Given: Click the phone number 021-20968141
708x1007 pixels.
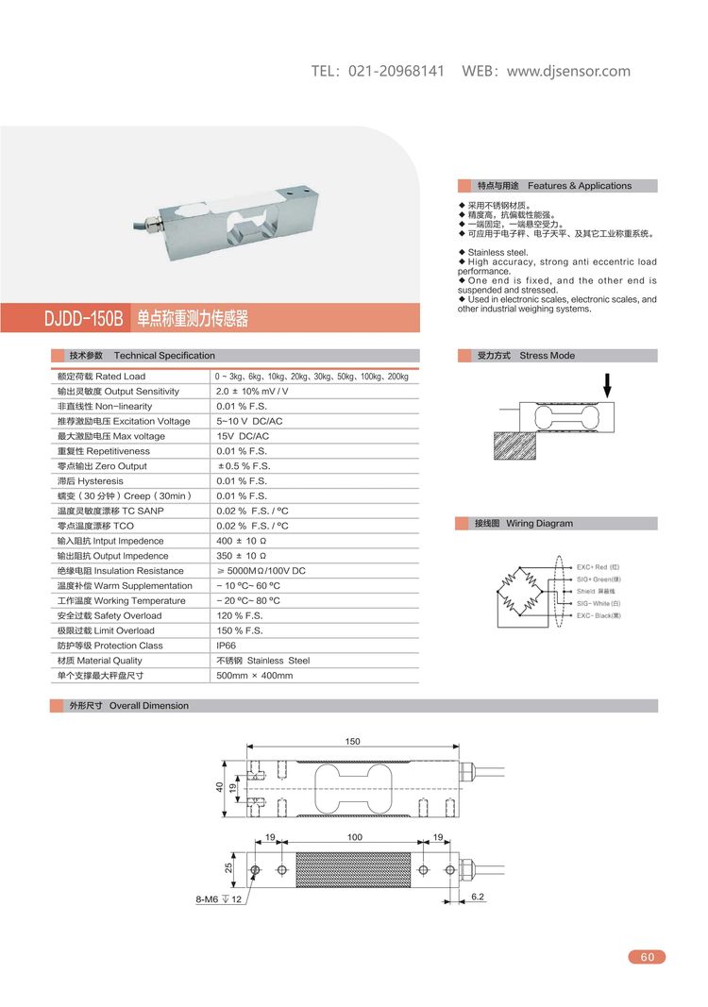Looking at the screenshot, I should pyautogui.click(x=396, y=72).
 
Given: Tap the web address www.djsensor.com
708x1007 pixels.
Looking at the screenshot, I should pyautogui.click(x=568, y=72).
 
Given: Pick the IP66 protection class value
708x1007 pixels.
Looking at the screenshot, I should pyautogui.click(x=228, y=646).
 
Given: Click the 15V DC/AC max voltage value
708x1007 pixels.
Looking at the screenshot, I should pyautogui.click(x=243, y=436).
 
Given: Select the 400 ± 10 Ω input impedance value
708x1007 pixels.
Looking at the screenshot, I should pyautogui.click(x=243, y=541).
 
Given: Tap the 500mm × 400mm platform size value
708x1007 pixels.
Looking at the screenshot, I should pyautogui.click(x=255, y=676).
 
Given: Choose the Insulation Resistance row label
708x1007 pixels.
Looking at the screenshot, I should pyautogui.click(x=110, y=571).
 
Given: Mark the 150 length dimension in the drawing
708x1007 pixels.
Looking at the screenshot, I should pyautogui.click(x=352, y=742).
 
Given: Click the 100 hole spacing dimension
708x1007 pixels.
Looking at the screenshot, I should pyautogui.click(x=354, y=837).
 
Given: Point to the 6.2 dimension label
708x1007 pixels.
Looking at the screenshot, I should pyautogui.click(x=477, y=897).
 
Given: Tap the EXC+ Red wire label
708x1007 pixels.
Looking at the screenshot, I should pyautogui.click(x=598, y=567).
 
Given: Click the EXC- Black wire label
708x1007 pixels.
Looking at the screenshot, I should pyautogui.click(x=598, y=615).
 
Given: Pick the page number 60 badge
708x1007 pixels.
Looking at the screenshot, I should pyautogui.click(x=647, y=957).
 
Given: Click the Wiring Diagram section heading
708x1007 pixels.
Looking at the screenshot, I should pyautogui.click(x=539, y=523).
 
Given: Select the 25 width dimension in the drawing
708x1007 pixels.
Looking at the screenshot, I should pyautogui.click(x=228, y=866).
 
